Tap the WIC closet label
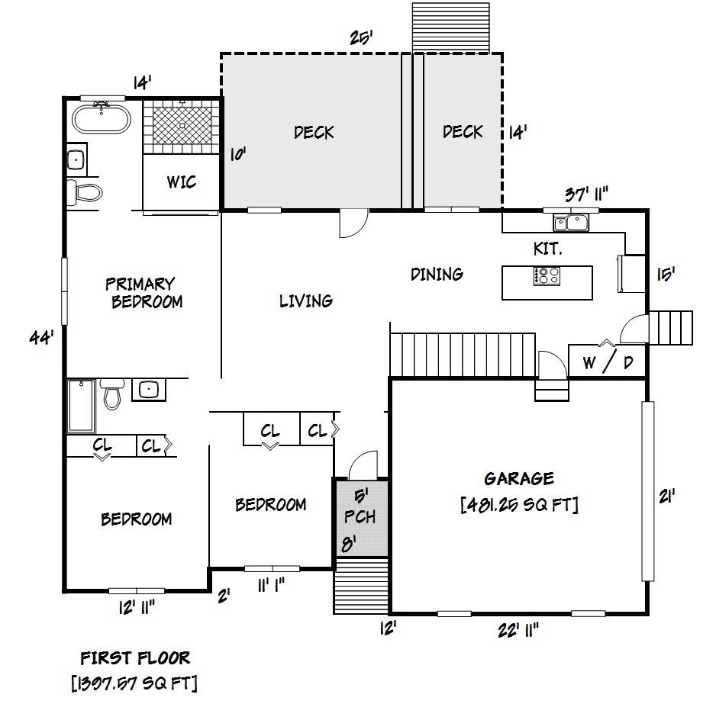pyautogui.click(x=182, y=182)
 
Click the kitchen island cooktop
pyautogui.click(x=547, y=275)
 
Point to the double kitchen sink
pyautogui.click(x=571, y=223)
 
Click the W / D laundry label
pyautogui.click(x=608, y=362)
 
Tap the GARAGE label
pyautogui.click(x=518, y=479)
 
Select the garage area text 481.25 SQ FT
pyautogui.click(x=519, y=505)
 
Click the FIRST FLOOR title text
pyautogui.click(x=135, y=657)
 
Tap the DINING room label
pyautogui.click(x=437, y=274)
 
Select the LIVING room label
pyautogui.click(x=305, y=301)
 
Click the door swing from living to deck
pyautogui.click(x=354, y=223)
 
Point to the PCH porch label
pyautogui.click(x=360, y=516)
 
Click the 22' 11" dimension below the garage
pyautogui.click(x=518, y=630)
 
